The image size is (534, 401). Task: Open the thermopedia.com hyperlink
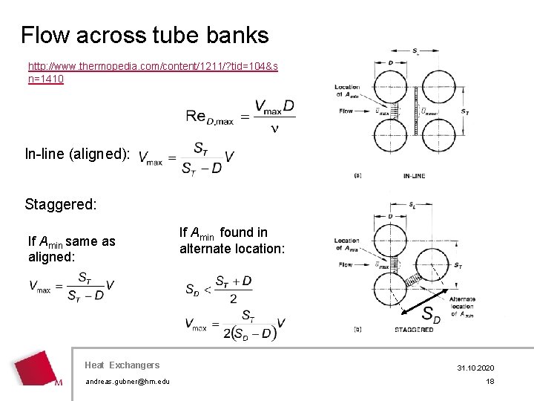[153, 73]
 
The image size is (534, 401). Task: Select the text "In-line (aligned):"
[78, 155]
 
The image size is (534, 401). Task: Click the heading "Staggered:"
[61, 204]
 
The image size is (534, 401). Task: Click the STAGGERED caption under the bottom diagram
[414, 329]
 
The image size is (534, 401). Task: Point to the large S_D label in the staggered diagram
[430, 315]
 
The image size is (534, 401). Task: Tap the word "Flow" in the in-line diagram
[346, 111]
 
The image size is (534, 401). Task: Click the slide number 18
[489, 382]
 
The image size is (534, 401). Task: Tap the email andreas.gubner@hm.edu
[127, 382]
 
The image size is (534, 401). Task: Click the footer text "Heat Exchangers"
[122, 365]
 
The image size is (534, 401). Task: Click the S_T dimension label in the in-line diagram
[465, 112]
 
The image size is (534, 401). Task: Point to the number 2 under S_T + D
[234, 298]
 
